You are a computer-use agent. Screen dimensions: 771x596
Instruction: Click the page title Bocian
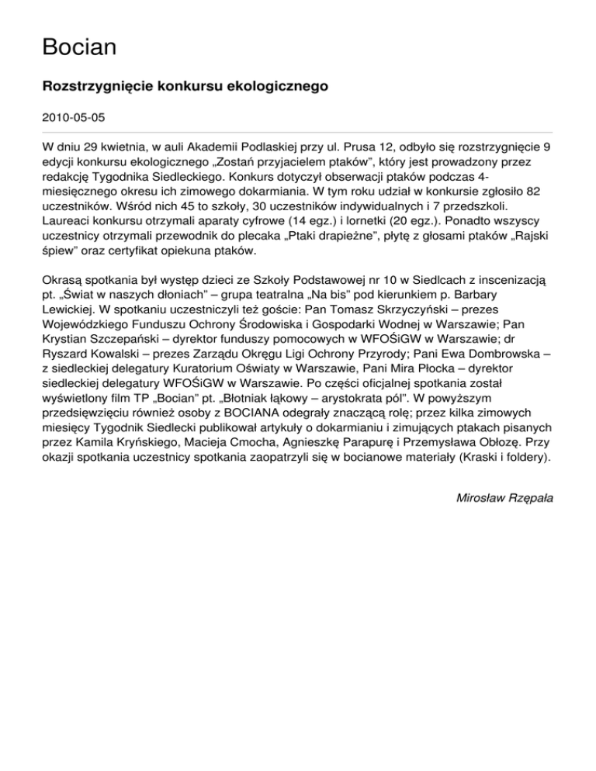[79, 47]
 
